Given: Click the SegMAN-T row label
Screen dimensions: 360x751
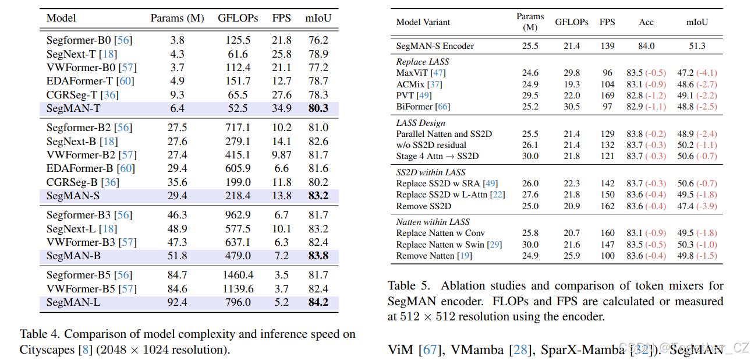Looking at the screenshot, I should click(x=73, y=108).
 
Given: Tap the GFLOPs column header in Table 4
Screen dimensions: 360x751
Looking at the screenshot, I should click(x=238, y=18).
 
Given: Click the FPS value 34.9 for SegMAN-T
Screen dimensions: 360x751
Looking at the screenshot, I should click(x=282, y=108).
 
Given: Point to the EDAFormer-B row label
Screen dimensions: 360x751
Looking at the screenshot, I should click(x=80, y=168).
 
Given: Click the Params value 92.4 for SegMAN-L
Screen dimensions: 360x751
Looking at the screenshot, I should click(x=177, y=302).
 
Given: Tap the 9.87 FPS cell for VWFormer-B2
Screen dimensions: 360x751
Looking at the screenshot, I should click(x=282, y=155).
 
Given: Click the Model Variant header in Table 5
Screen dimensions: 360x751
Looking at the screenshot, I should click(x=423, y=22).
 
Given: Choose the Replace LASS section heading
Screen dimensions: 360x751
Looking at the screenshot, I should click(x=423, y=62).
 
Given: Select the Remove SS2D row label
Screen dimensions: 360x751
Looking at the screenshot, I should click(x=424, y=206).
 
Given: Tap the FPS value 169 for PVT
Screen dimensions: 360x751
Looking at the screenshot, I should click(x=607, y=96).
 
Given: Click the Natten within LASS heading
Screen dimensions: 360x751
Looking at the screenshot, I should click(x=433, y=222).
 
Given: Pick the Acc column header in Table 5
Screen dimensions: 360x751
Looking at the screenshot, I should click(x=646, y=22).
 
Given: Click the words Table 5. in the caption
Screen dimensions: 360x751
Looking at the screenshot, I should click(x=409, y=286).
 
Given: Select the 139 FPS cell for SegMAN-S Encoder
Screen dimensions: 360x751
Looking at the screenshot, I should click(x=607, y=46).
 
